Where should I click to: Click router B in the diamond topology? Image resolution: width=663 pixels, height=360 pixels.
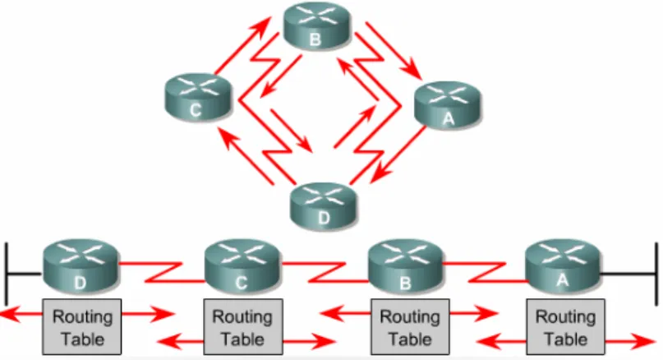coord(316,25)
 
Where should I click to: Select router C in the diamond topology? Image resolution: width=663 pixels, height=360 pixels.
coord(198,97)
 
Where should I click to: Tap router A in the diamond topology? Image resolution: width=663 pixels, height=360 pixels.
coord(448,106)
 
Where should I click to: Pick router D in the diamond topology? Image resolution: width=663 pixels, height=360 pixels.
coord(324,206)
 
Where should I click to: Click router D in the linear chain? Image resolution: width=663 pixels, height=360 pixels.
coord(81,266)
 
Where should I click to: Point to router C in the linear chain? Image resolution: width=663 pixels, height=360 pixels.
coord(242,266)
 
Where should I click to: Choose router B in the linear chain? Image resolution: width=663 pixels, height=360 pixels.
coord(406,266)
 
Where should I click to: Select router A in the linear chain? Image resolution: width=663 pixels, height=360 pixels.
coord(563,266)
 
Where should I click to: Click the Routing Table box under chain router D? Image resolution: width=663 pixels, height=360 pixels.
coord(81,326)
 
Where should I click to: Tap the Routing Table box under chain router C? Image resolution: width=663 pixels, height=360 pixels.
coord(243,326)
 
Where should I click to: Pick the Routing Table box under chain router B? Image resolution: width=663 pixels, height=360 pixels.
coord(410,326)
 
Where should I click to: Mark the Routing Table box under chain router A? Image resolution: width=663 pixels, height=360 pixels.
coord(566,326)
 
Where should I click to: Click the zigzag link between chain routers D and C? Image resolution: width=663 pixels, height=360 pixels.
coord(163,272)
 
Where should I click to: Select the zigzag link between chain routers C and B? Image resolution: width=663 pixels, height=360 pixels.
coord(325,272)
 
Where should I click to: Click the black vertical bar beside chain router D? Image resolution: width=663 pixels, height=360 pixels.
coord(7,275)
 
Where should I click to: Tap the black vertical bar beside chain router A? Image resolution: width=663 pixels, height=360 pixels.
coord(656,275)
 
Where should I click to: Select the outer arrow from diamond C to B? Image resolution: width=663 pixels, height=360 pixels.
coord(242,45)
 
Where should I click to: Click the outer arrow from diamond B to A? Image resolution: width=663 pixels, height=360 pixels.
coord(394,51)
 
